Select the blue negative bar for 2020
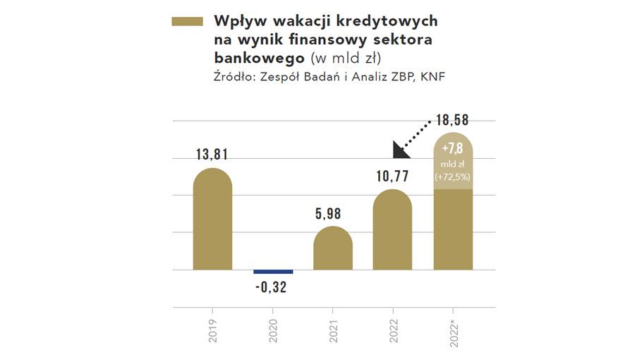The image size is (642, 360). pos(273,272)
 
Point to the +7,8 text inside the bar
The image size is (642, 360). pos(452,150)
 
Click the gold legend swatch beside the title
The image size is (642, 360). pos(187,23)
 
